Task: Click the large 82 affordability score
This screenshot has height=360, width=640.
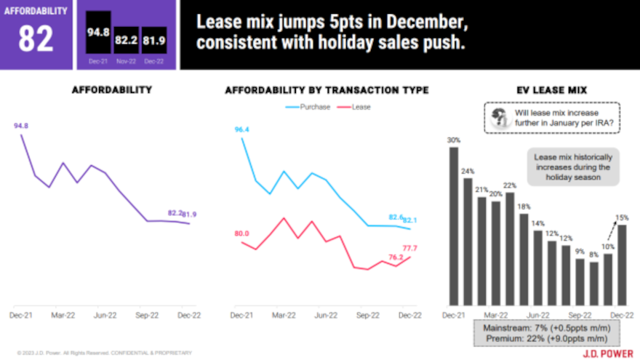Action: (36, 40)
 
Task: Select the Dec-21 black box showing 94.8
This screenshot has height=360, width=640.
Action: (94, 34)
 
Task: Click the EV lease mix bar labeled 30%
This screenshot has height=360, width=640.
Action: (454, 225)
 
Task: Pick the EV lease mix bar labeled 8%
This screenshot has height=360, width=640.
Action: (594, 283)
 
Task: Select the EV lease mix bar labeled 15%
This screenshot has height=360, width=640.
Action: (622, 265)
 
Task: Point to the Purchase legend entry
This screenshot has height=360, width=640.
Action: (309, 107)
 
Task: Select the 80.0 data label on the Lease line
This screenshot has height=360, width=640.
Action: (241, 233)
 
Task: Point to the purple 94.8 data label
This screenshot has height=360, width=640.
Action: (21, 126)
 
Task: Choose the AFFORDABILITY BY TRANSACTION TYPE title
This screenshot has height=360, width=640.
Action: (327, 90)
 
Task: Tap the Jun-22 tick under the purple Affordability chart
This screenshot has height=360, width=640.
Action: (105, 316)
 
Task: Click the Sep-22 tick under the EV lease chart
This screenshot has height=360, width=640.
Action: (580, 316)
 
